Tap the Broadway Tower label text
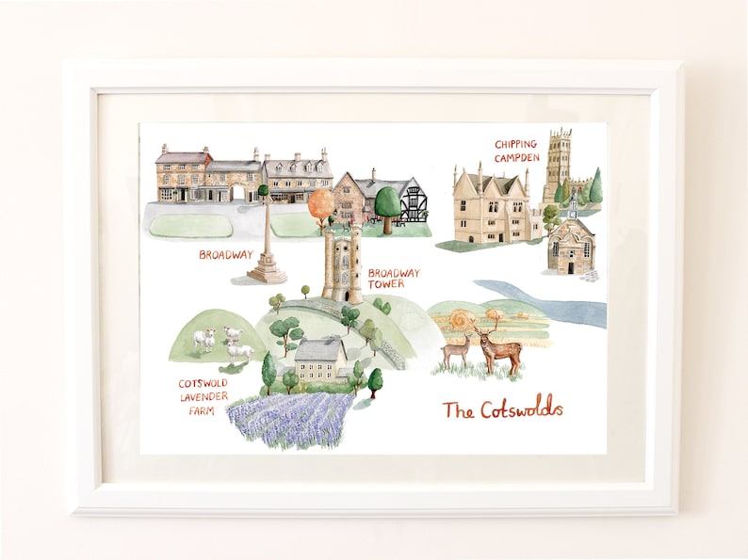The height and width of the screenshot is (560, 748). [394, 279]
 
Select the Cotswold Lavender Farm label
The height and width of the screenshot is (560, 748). [203, 396]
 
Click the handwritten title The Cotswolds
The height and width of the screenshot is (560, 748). [502, 409]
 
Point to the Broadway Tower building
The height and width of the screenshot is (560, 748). [342, 265]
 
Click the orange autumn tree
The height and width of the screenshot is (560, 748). [320, 202]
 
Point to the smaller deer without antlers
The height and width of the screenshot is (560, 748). [457, 350]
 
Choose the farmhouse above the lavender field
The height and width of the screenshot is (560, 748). [320, 360]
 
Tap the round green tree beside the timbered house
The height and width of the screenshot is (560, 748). [386, 203]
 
